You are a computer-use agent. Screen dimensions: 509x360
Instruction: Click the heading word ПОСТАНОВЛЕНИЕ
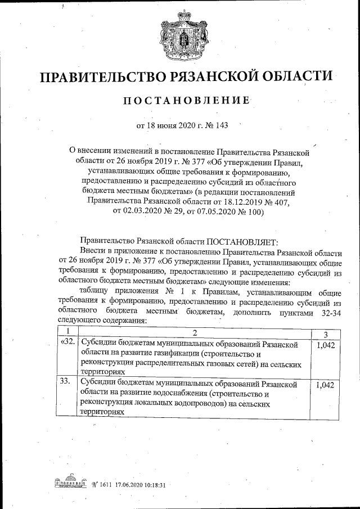[186, 101]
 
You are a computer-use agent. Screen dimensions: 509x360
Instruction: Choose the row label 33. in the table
[66, 382]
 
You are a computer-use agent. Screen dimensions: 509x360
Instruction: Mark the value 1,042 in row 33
[325, 385]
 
